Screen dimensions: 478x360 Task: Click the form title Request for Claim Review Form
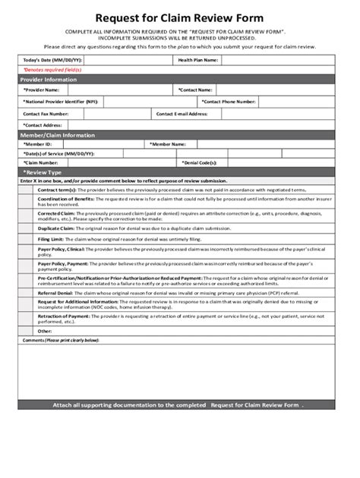[x=179, y=17]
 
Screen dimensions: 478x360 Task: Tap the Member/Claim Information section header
[x=58, y=135]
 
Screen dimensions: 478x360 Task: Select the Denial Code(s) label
[x=199, y=162]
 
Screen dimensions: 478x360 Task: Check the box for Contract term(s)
[x=27, y=190]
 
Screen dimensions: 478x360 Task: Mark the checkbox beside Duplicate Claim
[x=27, y=228]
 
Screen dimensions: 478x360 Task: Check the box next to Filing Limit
[x=27, y=239]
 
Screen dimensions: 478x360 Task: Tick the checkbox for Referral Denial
[x=27, y=292]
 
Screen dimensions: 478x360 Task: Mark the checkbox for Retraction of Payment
[x=27, y=319]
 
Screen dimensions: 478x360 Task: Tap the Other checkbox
[x=27, y=331]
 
